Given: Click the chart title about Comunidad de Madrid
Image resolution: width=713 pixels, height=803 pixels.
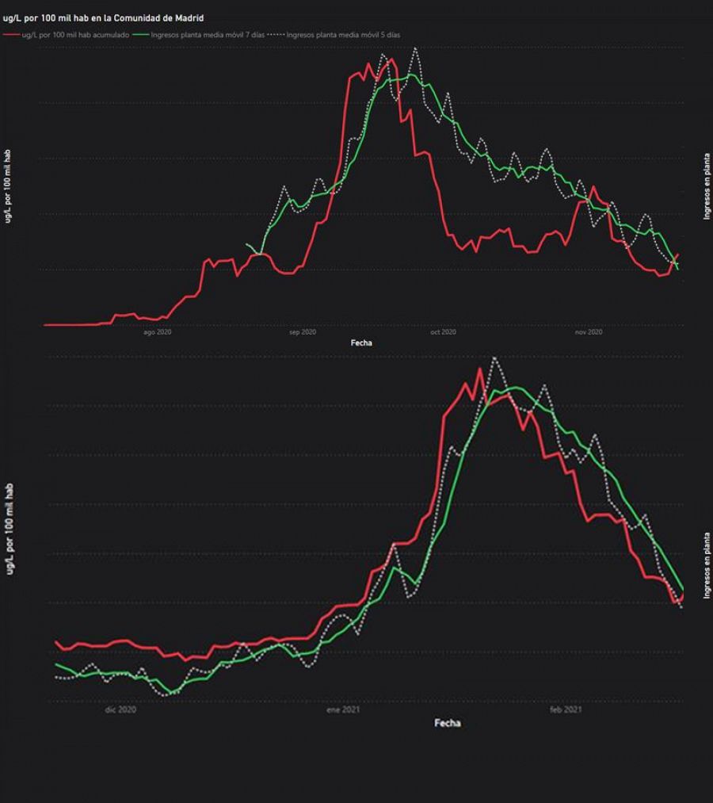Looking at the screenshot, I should click(104, 17).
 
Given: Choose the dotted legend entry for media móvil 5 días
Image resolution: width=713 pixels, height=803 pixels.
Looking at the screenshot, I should click(337, 35).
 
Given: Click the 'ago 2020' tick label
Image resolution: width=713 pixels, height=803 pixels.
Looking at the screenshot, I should click(158, 332).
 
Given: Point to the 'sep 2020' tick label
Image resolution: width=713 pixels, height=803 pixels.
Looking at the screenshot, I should click(302, 332).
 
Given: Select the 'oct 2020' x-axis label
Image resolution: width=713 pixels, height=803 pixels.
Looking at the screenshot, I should click(444, 332).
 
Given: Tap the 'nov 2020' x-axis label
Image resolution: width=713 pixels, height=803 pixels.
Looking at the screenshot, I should click(588, 332).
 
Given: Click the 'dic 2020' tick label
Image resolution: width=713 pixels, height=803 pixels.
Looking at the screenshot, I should click(120, 710).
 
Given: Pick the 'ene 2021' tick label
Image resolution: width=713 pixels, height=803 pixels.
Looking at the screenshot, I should click(344, 710).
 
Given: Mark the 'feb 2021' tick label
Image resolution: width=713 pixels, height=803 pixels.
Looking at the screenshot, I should click(566, 710).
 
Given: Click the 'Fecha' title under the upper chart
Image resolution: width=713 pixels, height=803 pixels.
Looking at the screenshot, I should click(361, 343).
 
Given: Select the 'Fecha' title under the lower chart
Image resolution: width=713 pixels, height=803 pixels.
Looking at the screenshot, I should click(448, 723).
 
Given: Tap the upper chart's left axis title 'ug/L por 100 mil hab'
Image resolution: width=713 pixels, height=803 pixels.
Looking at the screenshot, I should click(8, 186).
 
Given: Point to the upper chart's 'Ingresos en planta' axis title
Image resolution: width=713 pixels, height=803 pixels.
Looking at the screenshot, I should click(706, 186).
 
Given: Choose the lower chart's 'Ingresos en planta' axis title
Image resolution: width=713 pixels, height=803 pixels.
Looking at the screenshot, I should click(706, 565).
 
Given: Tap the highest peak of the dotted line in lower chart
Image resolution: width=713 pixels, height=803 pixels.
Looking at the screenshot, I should click(495, 358).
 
